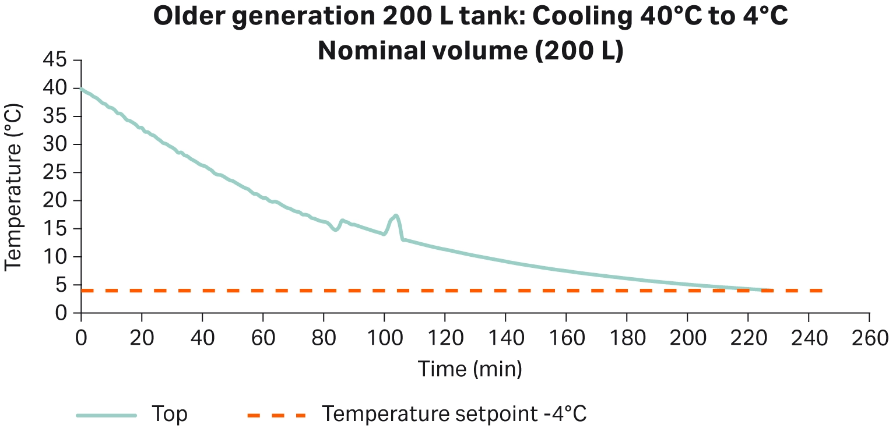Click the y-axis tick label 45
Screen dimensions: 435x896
(54, 61)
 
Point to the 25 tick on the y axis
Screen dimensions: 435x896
(54, 173)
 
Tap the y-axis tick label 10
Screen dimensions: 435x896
(54, 257)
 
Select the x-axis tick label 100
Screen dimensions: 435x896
(384, 338)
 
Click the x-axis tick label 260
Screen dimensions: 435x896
(869, 338)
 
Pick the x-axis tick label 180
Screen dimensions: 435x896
(627, 338)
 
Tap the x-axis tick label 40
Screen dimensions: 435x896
(202, 338)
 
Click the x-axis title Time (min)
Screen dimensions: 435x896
(469, 369)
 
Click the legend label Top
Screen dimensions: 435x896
(170, 415)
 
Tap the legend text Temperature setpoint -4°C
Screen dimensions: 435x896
(454, 415)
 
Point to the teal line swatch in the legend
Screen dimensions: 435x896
(106, 415)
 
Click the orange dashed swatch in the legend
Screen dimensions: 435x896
(276, 415)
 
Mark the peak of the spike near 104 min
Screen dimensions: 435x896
(396, 215)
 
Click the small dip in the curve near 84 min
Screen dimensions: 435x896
(335, 230)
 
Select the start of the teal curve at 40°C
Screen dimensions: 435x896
(82, 89)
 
